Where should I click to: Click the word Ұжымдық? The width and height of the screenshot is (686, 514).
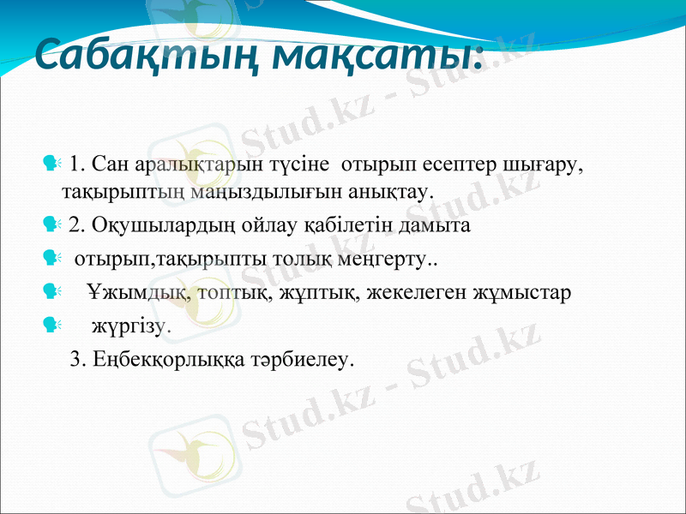(129, 292)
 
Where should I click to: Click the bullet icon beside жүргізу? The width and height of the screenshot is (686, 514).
(49, 324)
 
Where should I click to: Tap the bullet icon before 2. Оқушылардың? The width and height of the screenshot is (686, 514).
(49, 224)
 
